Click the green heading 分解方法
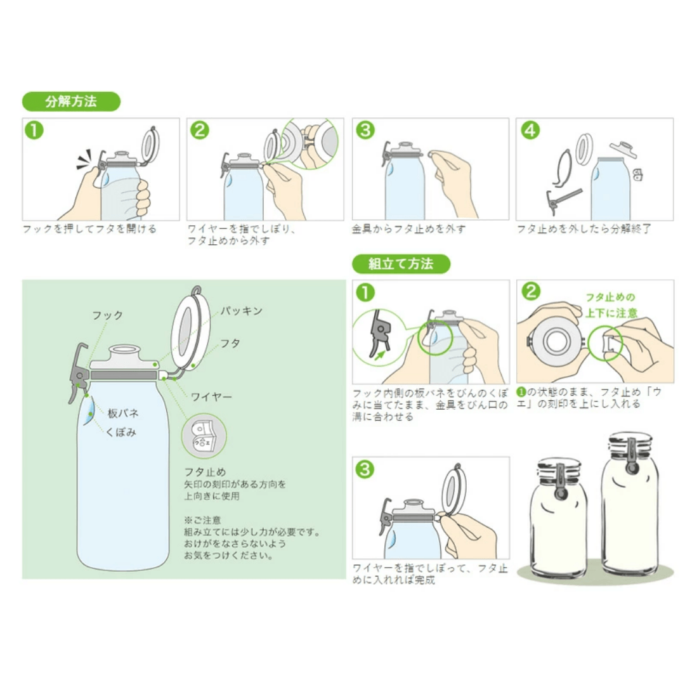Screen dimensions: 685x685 coord(71,101)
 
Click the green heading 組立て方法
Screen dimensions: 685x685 coord(401,264)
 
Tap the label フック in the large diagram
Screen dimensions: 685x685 coord(107,315)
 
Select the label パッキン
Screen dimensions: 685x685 coord(241,311)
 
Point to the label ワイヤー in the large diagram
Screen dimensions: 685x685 coord(211,396)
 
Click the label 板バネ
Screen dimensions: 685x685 coord(123,413)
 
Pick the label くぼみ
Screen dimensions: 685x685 coord(121,432)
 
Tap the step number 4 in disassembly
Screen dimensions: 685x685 coord(530,130)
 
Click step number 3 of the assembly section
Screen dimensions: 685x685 coord(365,469)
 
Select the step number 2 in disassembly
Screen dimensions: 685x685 coord(200,130)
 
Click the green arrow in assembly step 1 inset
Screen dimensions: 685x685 coord(381,353)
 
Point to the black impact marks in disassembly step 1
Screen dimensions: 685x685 coord(84,159)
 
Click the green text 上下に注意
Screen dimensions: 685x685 coord(611,313)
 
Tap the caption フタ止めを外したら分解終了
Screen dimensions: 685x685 coord(584,229)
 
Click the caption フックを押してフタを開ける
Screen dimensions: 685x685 coord(89,229)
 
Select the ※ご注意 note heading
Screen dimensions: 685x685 coord(202,520)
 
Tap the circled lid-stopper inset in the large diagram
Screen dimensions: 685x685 coord(204,435)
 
